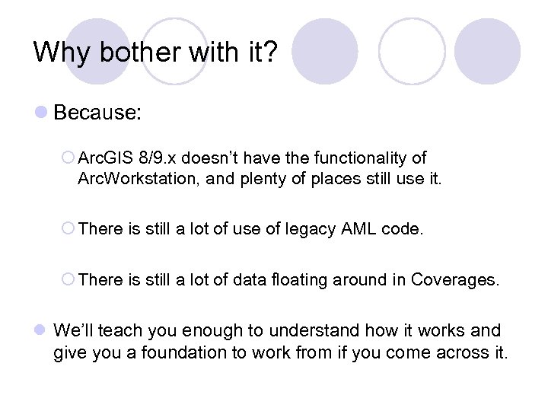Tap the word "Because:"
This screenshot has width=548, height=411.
[x=97, y=113]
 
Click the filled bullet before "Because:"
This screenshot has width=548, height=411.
[x=42, y=113]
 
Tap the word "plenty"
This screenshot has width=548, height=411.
[x=262, y=180]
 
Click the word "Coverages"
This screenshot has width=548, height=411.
[x=454, y=279]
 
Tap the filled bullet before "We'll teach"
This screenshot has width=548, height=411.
[x=42, y=331]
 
